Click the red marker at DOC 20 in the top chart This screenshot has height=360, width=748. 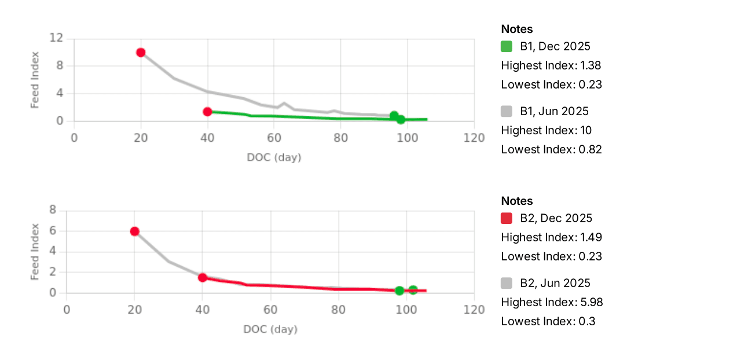(x=141, y=52)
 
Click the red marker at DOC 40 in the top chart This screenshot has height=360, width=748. (x=207, y=112)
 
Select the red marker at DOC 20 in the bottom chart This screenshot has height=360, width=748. (x=134, y=231)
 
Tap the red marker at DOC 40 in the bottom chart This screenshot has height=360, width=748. (x=203, y=278)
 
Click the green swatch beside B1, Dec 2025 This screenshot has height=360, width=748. (x=507, y=46)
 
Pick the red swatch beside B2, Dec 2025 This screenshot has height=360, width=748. (x=507, y=218)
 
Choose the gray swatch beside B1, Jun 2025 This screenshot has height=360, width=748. (x=507, y=111)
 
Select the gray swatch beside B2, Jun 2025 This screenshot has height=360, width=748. (x=507, y=283)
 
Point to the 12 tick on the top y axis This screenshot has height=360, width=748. (x=56, y=38)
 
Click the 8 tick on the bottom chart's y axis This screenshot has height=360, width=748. (x=52, y=210)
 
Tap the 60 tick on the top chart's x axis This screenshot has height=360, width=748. (x=274, y=138)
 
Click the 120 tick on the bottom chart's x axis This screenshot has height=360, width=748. (x=474, y=310)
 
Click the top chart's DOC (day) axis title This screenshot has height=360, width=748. (x=274, y=157)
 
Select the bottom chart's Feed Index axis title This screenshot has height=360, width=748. (x=35, y=252)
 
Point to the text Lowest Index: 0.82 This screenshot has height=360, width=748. (x=551, y=149)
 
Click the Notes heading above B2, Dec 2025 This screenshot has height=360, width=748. (x=517, y=201)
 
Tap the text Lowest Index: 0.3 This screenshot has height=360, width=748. (x=548, y=321)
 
